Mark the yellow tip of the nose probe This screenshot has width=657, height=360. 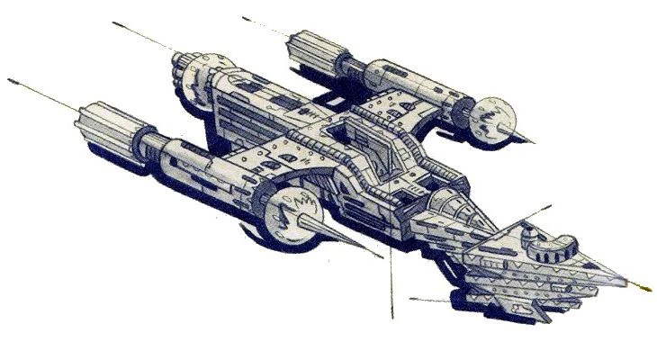tap(644, 288)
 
